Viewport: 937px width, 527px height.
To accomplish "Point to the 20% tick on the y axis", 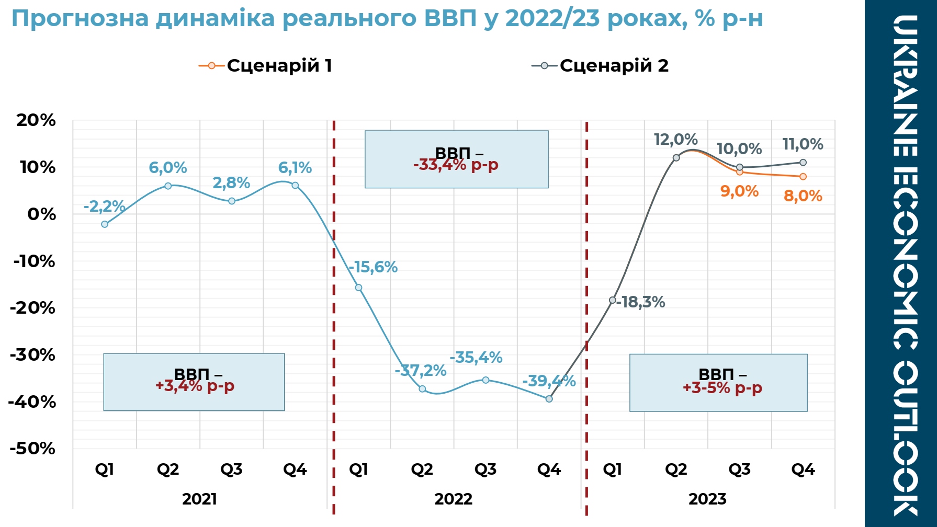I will [36, 120].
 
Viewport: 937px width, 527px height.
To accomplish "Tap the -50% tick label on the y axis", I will [32, 449].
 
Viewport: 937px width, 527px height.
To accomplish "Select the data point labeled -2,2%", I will [105, 224].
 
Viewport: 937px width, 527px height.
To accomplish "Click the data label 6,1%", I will [295, 168].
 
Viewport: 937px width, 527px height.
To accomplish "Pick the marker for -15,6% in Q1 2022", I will [358, 288].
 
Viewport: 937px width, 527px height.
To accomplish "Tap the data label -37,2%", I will [421, 371].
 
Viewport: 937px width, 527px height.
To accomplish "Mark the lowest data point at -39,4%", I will [549, 399].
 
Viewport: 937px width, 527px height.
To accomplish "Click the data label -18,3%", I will [641, 302].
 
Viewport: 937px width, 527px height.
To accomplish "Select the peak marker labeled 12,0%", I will [676, 158].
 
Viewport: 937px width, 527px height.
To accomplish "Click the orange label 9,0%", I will [739, 191].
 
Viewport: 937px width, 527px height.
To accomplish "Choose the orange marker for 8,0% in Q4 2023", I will [803, 177].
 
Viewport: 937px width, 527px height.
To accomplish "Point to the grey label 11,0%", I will [803, 144].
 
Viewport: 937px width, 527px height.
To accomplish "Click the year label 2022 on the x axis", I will [453, 499].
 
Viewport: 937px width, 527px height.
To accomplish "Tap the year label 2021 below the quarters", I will [199, 499].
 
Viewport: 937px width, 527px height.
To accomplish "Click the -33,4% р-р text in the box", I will [456, 165].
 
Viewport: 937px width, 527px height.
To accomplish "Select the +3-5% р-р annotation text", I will [722, 388].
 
